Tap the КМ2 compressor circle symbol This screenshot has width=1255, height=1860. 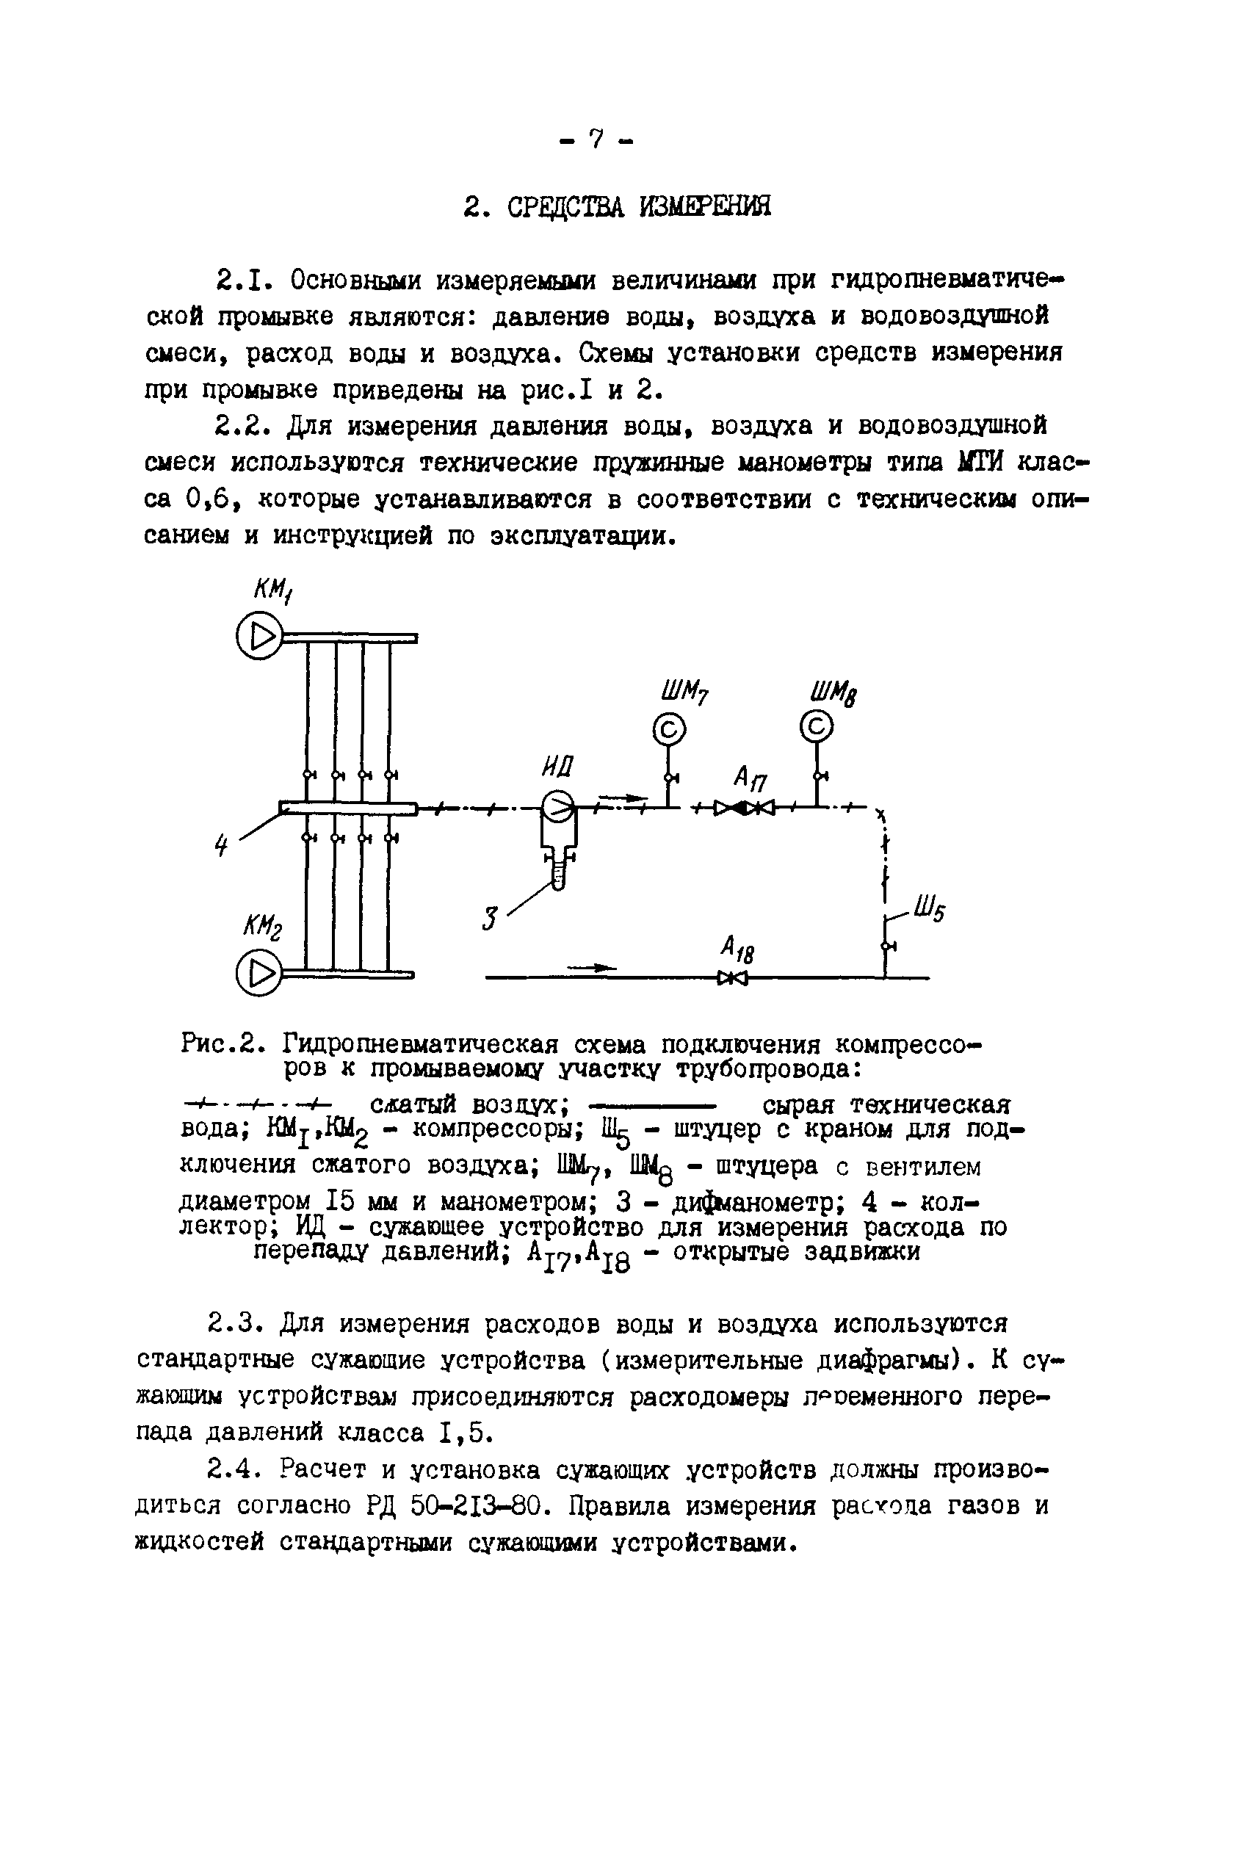(x=258, y=974)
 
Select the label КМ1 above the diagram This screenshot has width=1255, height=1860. (x=273, y=590)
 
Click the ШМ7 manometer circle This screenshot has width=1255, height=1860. (x=669, y=728)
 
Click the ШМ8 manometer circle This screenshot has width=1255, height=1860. (x=817, y=727)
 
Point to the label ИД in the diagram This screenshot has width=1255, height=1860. (x=558, y=767)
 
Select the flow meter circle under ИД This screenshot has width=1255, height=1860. (x=558, y=808)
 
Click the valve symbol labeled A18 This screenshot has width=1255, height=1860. (x=732, y=977)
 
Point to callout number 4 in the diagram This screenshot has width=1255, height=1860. (x=222, y=844)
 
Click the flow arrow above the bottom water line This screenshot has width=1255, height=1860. (x=593, y=968)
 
